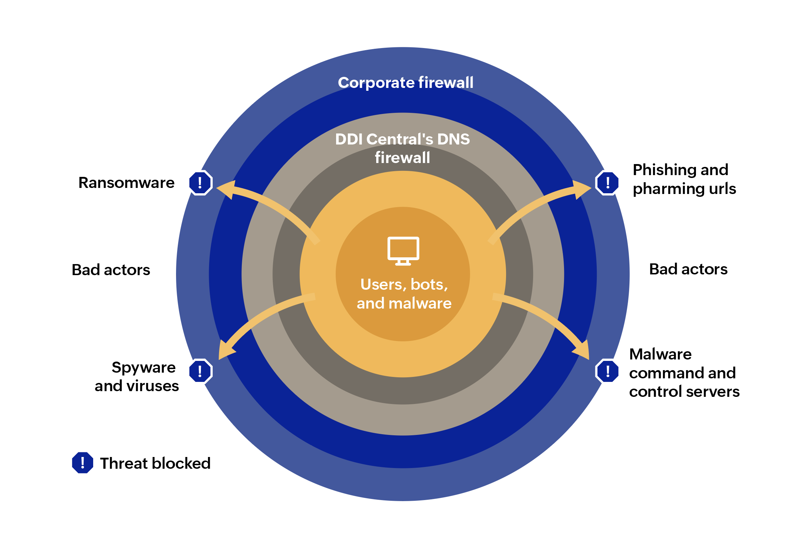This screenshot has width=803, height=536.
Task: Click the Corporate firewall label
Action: point(405,83)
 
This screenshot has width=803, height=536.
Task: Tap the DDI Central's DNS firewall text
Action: point(403,148)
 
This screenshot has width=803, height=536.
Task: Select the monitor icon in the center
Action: point(403,251)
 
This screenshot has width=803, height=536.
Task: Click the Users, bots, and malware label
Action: point(404,294)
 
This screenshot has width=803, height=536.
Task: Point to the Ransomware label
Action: point(127,183)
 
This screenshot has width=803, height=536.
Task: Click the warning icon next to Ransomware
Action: point(201,183)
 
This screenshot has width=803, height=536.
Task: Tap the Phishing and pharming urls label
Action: point(684,179)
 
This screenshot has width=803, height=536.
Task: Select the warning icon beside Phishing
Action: point(607,183)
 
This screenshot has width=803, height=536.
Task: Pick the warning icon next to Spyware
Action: point(201,371)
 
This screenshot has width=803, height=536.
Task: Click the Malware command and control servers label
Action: point(684,373)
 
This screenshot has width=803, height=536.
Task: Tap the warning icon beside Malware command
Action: point(607,371)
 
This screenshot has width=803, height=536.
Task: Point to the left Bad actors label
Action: point(111,270)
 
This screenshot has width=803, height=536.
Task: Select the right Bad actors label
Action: point(688,269)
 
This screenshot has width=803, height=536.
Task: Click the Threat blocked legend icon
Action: point(83,463)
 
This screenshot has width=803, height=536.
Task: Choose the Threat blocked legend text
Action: point(155,463)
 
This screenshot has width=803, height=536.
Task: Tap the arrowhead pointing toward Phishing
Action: point(581,189)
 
